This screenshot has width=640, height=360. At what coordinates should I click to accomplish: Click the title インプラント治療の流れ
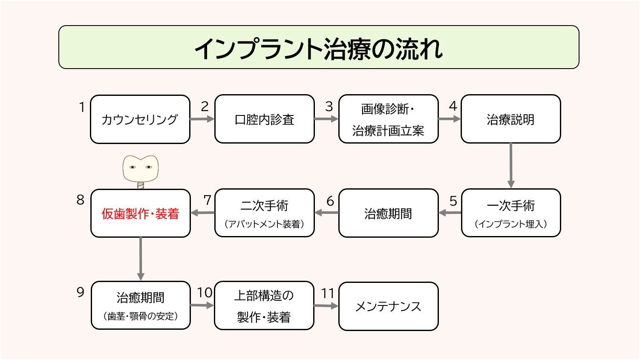click(319, 48)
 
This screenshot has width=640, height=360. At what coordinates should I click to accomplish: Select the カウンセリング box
click(140, 119)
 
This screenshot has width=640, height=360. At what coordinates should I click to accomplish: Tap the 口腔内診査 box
click(264, 119)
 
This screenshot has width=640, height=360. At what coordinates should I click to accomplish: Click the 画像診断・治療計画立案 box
click(388, 119)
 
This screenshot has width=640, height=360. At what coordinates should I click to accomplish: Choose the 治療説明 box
click(510, 119)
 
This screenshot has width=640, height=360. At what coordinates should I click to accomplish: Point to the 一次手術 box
click(510, 213)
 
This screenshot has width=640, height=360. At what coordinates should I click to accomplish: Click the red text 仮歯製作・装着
click(140, 214)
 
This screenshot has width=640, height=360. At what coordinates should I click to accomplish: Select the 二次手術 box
click(264, 213)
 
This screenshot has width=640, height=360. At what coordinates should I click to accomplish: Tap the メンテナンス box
click(388, 306)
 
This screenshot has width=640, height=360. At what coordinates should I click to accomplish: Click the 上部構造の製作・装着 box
click(264, 306)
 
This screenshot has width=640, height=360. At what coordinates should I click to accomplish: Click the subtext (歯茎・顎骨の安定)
click(140, 317)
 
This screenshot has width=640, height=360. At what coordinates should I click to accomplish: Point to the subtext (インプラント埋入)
click(510, 224)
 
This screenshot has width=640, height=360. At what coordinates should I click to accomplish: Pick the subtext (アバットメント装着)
click(264, 224)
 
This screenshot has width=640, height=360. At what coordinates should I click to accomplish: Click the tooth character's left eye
click(133, 167)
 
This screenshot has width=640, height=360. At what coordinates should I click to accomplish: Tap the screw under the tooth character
click(141, 185)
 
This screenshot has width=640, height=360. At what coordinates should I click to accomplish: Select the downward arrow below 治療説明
click(510, 166)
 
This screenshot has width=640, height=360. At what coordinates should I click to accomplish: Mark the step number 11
click(328, 294)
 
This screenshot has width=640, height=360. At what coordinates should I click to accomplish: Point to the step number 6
click(330, 201)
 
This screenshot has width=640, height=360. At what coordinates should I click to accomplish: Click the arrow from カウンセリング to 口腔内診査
click(202, 119)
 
